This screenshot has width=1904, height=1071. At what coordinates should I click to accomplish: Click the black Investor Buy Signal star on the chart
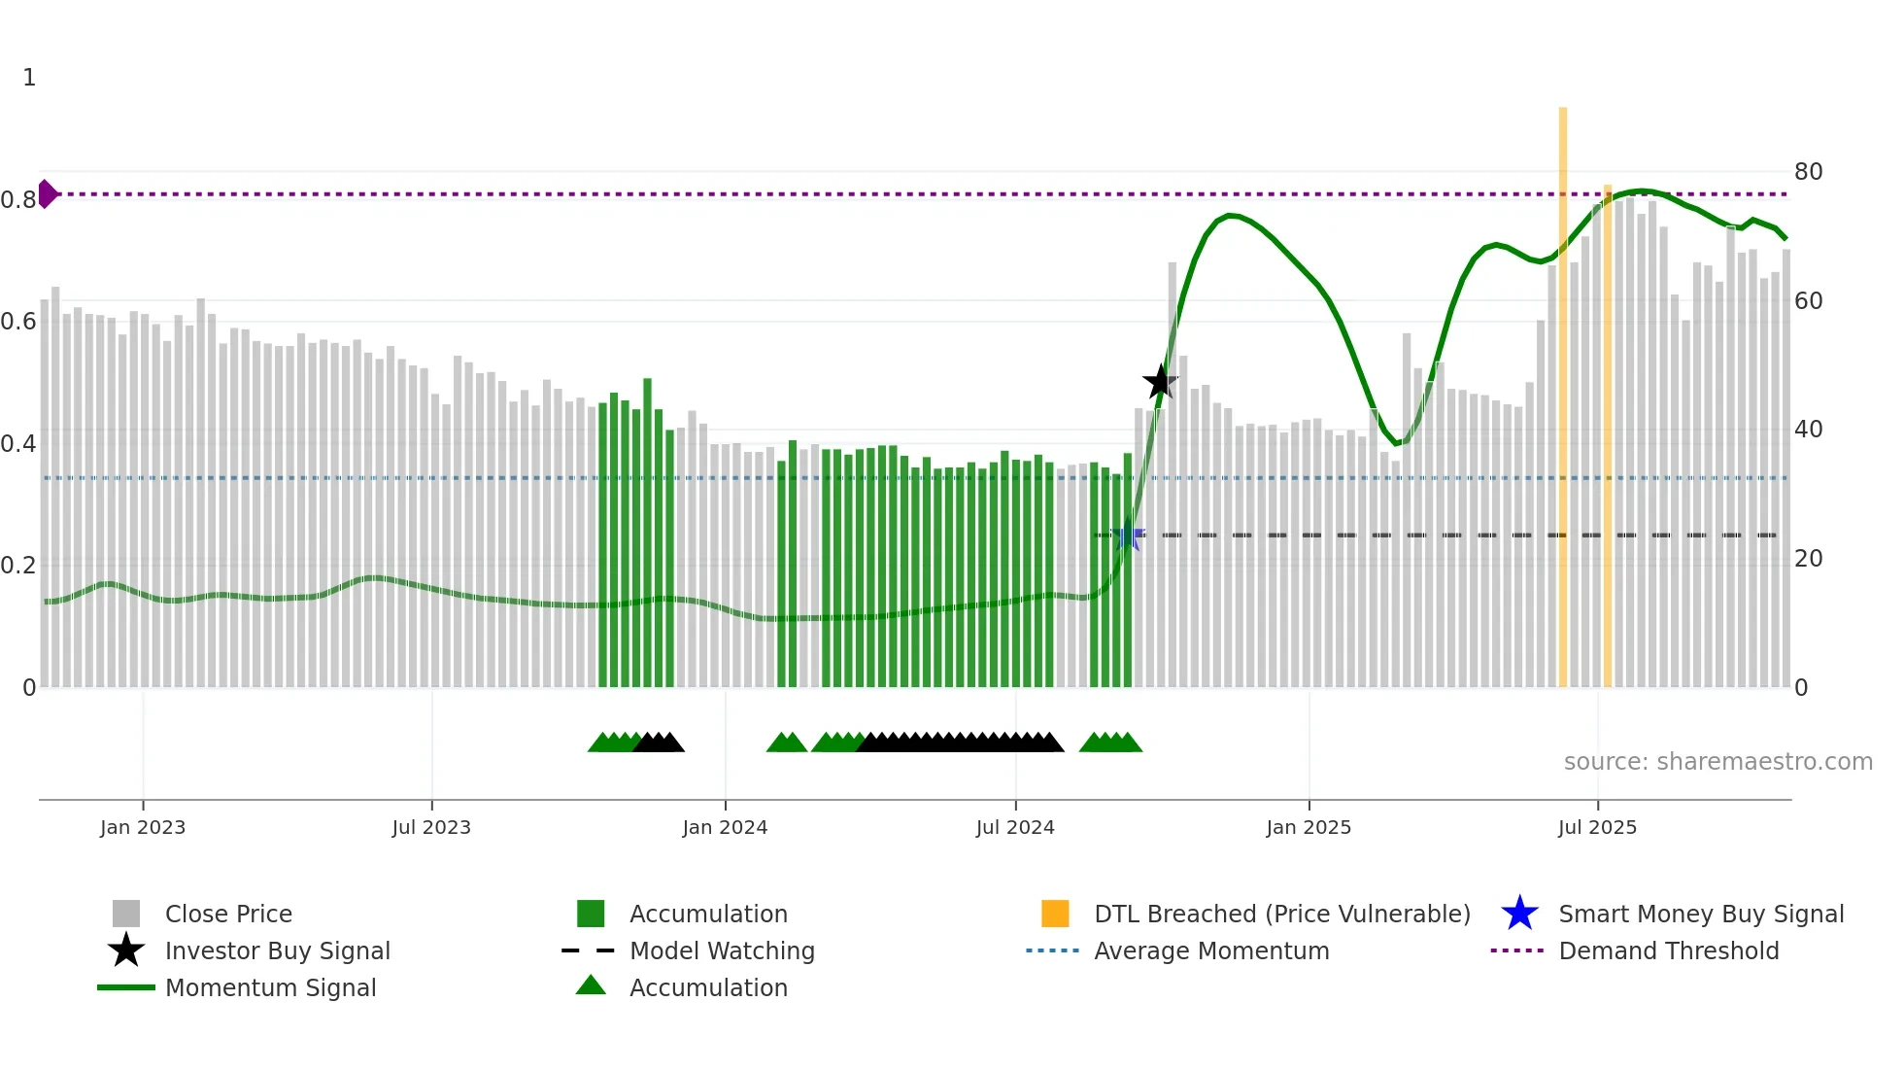click(1160, 382)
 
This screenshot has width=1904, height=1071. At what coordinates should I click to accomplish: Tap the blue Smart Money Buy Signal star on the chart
click(1128, 536)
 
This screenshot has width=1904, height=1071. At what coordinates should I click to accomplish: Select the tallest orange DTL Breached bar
click(1563, 389)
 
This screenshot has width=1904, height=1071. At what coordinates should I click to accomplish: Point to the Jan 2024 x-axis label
click(725, 828)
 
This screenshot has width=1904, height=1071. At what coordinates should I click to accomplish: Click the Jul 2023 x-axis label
click(431, 828)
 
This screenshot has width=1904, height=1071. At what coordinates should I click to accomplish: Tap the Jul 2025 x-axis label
click(1597, 828)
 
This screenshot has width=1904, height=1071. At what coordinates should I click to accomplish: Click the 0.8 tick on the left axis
click(18, 200)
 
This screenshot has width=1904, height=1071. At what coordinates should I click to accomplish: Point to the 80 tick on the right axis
click(1808, 172)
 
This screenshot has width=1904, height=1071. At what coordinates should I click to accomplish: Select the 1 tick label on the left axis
click(29, 78)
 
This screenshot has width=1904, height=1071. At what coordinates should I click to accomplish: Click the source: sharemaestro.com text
click(1717, 762)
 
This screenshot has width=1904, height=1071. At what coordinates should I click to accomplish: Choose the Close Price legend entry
click(228, 915)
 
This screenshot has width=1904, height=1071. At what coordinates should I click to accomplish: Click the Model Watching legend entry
click(722, 951)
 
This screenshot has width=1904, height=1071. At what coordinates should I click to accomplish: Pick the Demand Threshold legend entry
click(1668, 951)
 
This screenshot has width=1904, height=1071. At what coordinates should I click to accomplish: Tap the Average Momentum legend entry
click(1211, 951)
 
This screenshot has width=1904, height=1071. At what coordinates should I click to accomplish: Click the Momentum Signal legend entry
click(270, 988)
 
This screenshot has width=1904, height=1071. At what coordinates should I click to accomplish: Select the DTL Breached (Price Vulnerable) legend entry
click(1281, 915)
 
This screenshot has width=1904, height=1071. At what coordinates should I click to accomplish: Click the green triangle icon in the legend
click(591, 985)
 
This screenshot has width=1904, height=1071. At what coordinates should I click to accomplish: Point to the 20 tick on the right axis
click(1808, 559)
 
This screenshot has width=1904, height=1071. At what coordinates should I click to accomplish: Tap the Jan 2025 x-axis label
click(1309, 828)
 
